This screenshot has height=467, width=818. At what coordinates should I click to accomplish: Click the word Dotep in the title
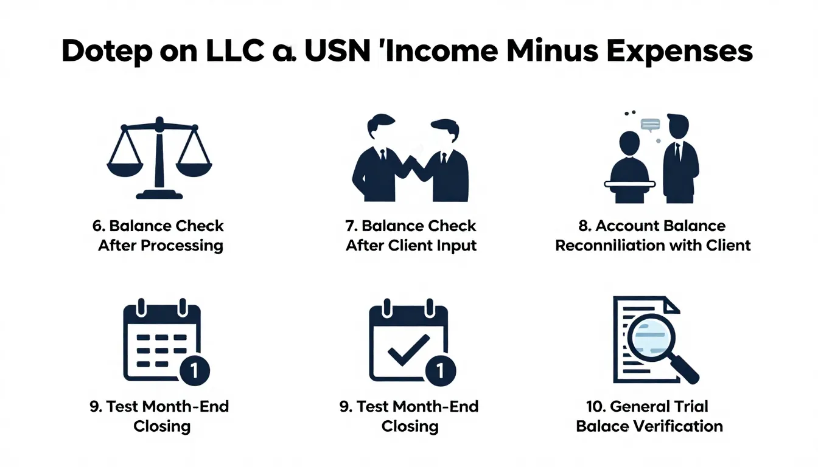click(109, 53)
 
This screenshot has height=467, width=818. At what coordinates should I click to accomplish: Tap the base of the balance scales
click(159, 195)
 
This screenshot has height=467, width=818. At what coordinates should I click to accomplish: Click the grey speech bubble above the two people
click(650, 125)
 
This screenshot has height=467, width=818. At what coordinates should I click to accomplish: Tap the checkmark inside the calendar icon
click(407, 347)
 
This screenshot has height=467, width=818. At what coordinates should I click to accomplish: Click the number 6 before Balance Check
click(96, 226)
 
